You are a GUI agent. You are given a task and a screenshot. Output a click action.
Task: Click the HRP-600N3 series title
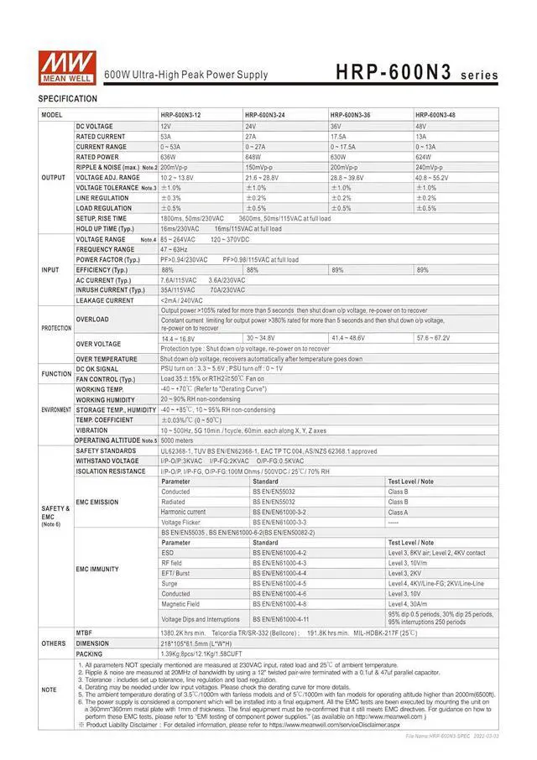(416, 74)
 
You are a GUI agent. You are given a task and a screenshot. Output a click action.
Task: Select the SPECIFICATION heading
(68, 99)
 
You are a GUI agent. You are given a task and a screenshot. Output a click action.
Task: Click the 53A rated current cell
(166, 136)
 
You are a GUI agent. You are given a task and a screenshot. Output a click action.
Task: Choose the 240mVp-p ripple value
(432, 167)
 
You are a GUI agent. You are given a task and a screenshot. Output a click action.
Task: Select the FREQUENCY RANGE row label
(105, 249)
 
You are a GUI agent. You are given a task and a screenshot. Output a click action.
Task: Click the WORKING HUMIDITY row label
(107, 399)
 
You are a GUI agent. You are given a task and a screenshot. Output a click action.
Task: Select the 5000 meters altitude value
(178, 440)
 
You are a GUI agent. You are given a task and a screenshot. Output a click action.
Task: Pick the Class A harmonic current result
(398, 512)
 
